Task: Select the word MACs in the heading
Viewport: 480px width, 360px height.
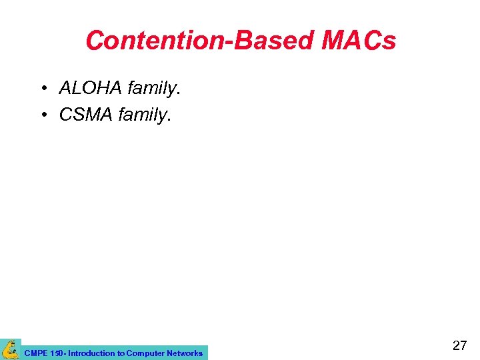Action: (359, 41)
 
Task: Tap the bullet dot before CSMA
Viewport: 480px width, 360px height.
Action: (42, 115)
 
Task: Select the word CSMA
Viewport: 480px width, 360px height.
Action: (86, 115)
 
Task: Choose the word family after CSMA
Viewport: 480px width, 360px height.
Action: (142, 115)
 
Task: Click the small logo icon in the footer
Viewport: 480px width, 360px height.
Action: (11, 349)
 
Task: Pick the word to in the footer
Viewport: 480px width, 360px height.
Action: (120, 353)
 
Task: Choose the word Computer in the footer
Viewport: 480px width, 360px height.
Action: (145, 353)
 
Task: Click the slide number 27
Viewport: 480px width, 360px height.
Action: (459, 345)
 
